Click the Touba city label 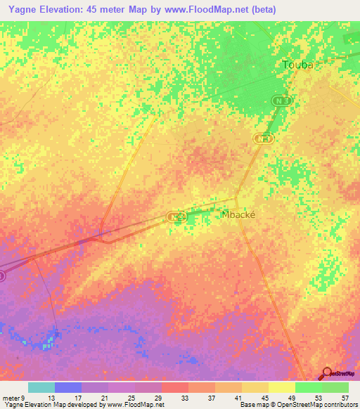point(296,65)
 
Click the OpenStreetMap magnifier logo point(327,373)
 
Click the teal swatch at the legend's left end point(41,387)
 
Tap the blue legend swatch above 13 point(68,387)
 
